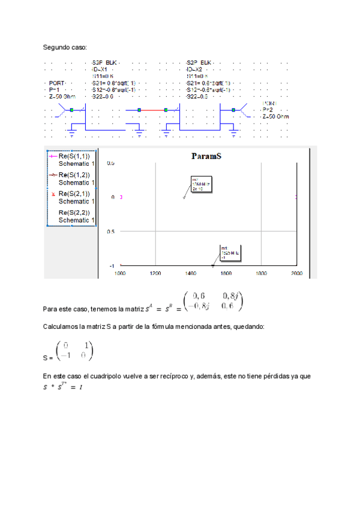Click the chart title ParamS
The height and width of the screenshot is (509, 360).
(x=207, y=156)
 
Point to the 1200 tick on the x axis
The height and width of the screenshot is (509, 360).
(x=155, y=273)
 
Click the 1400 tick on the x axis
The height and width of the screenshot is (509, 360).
(x=191, y=273)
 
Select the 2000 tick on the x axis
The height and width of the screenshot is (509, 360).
(x=296, y=273)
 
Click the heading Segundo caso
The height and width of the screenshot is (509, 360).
(x=65, y=47)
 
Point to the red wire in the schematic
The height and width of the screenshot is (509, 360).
(x=159, y=110)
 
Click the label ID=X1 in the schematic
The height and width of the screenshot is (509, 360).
(x=100, y=69)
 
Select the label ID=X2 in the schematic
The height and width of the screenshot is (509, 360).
(x=194, y=69)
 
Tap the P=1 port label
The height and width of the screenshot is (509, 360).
(x=54, y=89)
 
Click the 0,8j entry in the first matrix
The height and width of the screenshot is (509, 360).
(x=232, y=295)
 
